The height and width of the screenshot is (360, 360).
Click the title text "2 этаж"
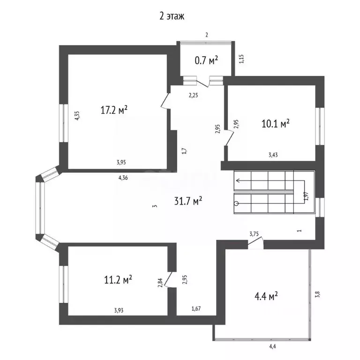tap(172, 16)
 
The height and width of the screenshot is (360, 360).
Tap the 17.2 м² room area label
tap(114, 110)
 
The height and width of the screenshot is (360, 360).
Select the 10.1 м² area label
tap(275, 124)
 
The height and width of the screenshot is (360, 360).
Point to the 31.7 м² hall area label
tap(188, 201)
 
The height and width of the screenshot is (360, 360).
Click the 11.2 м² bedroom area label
tap(118, 280)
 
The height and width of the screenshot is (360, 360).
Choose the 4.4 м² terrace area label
tap(266, 296)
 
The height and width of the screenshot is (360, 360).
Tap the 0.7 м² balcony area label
tap(206, 60)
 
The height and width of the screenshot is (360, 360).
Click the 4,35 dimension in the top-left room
tap(77, 115)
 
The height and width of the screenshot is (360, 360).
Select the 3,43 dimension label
tap(273, 155)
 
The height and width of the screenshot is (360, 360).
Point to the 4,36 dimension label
tap(123, 178)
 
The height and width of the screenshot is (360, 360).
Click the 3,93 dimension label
tap(119, 310)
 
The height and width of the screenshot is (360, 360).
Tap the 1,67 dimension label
tap(196, 308)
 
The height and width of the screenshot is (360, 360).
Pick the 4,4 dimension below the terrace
tap(272, 346)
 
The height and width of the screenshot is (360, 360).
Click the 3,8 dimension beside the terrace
tap(318, 294)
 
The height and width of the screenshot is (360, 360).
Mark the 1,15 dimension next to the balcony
tap(241, 59)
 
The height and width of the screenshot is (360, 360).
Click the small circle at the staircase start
tap(236, 203)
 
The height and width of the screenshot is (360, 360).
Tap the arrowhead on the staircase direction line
tap(238, 180)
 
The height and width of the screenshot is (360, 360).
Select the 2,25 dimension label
tap(193, 95)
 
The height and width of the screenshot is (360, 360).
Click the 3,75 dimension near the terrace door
tap(254, 234)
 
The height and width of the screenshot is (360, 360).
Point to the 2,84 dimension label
tap(160, 282)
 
